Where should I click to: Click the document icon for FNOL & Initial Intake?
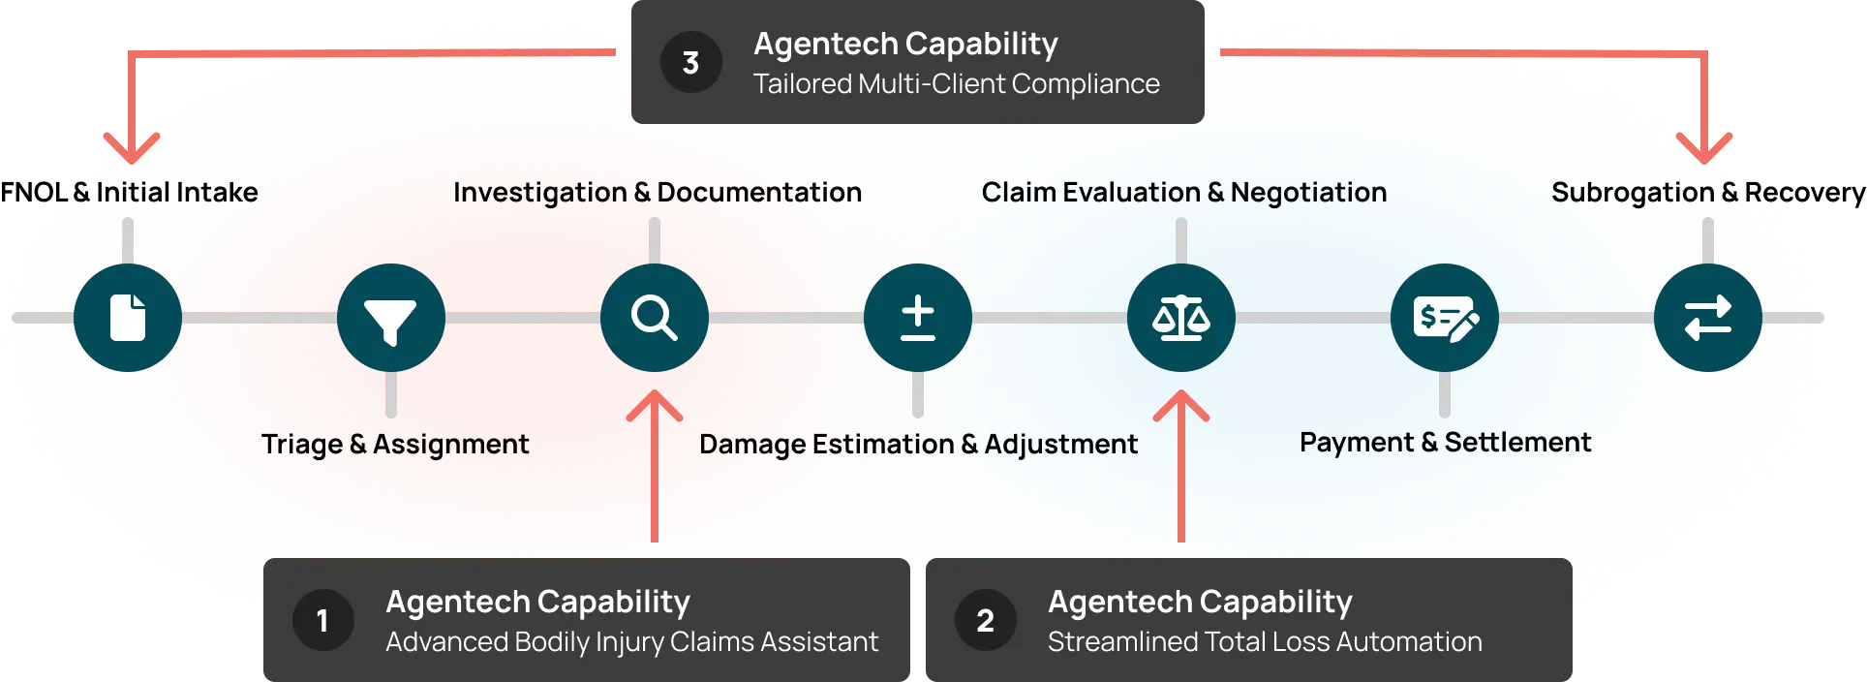point(128,318)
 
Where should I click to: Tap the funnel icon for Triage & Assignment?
point(391,318)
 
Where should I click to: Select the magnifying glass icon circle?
point(655,318)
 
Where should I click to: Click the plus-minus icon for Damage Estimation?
point(918,318)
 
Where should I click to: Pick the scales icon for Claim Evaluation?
point(1181,318)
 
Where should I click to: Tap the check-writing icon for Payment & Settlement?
point(1445,318)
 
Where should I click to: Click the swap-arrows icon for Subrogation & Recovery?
point(1708,318)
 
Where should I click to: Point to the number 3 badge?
point(690,63)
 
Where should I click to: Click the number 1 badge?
point(322,620)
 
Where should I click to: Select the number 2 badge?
point(985,620)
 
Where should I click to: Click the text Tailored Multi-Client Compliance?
point(957,84)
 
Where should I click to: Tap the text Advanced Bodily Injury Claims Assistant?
point(631,642)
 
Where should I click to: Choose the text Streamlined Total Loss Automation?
point(1265,642)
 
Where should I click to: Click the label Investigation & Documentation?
point(658,193)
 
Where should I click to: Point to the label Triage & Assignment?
point(395,445)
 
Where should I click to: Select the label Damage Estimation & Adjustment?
point(918,445)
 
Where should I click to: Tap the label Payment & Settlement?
point(1445,443)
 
